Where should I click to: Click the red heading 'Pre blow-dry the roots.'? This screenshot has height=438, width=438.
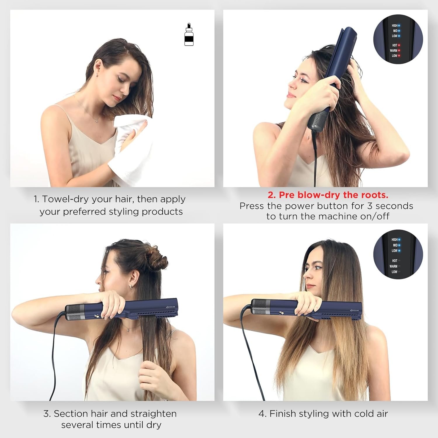pyautogui.click(x=328, y=195)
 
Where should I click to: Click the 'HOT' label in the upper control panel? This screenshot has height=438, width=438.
pyautogui.click(x=394, y=45)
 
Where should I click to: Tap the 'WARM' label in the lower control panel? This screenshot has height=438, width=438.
pyautogui.click(x=393, y=266)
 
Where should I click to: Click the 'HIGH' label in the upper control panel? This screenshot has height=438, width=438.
pyautogui.click(x=394, y=26)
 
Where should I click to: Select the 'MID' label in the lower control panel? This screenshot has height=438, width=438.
pyautogui.click(x=395, y=245)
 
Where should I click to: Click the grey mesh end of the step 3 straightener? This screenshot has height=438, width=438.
pyautogui.click(x=73, y=312)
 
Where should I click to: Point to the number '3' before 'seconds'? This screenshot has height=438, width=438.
pyautogui.click(x=370, y=206)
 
